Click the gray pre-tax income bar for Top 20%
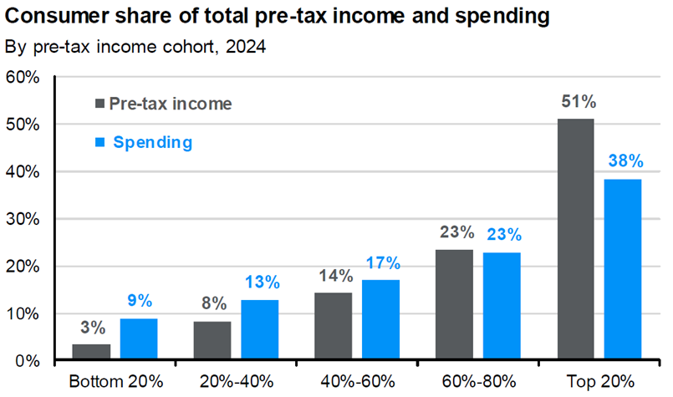(x=575, y=240)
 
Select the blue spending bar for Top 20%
(x=623, y=270)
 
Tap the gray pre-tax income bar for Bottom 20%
(x=91, y=352)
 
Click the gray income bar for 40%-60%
(x=333, y=327)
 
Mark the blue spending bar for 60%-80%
(x=502, y=307)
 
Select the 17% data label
(x=381, y=262)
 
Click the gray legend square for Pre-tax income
(x=99, y=104)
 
